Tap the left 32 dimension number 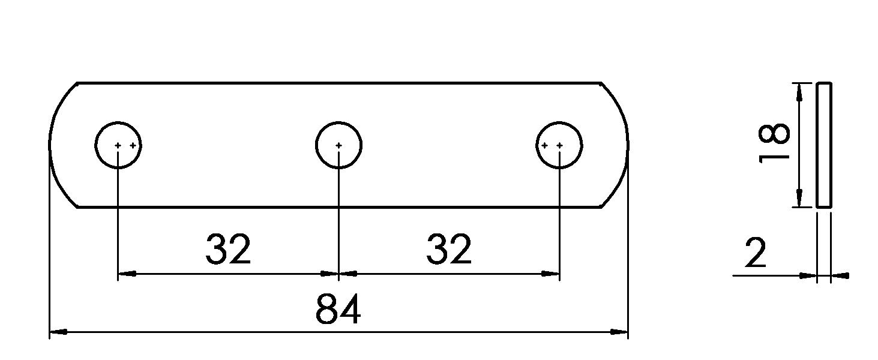pos(228,249)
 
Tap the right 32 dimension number pos(449,249)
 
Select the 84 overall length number pos(338,309)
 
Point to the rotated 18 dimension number pos(774,143)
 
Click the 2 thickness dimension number pos(756,253)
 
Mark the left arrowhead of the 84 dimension pos(58,332)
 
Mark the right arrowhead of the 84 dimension pos(619,332)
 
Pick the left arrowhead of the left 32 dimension pos(127,274)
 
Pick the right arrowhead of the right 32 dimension pos(550,274)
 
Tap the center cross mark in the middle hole pos(338,145)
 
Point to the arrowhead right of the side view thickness pos(840,276)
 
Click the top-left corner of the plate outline pos(77,83)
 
